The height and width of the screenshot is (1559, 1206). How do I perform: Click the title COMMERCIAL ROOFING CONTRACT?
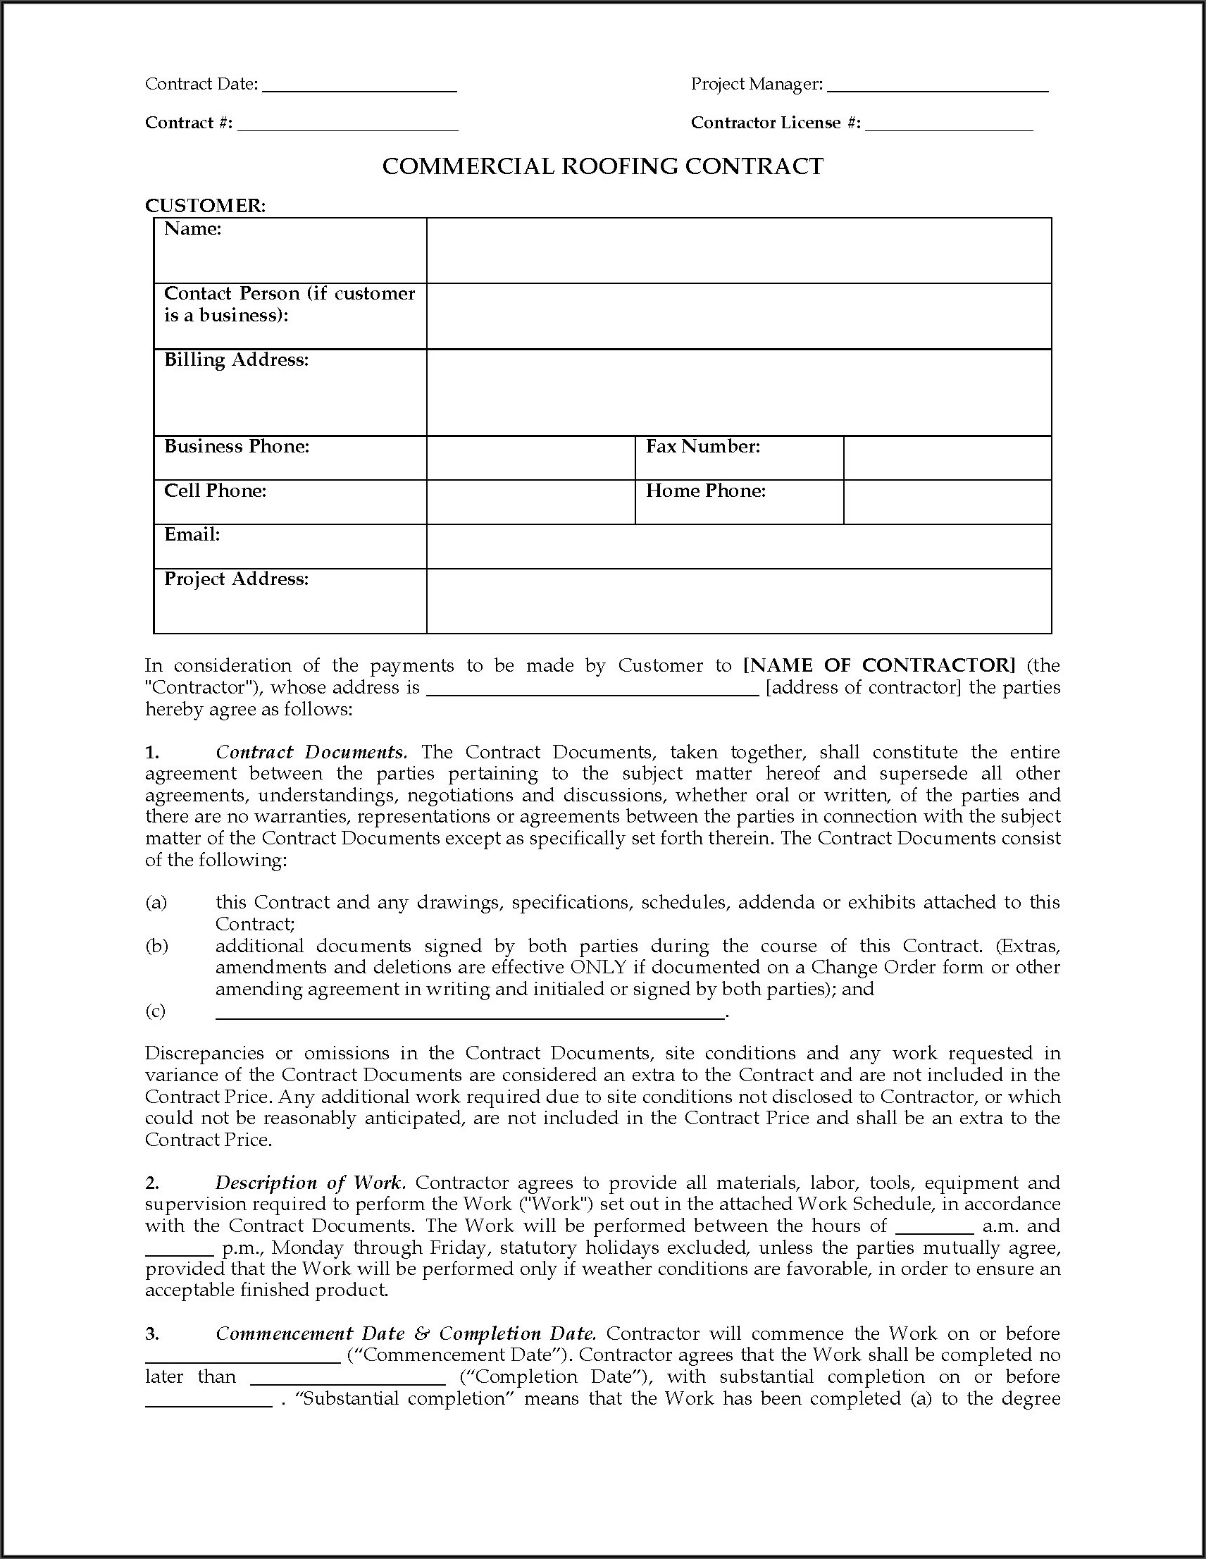coord(603,166)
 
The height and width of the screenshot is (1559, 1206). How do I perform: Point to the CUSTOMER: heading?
coord(206,206)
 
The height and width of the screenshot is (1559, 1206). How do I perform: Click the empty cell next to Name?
coord(738,251)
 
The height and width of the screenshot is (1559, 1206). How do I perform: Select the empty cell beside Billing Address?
coord(738,392)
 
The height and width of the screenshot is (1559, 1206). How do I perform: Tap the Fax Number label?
coord(703,447)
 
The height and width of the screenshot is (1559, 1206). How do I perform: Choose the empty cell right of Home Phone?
coord(947,502)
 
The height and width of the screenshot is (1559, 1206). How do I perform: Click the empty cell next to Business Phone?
coord(530,457)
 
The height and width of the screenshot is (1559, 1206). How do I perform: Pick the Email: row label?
coord(192,535)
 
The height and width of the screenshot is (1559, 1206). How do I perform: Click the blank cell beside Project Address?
coord(738,600)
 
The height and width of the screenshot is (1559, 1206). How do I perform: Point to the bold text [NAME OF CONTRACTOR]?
coord(879,665)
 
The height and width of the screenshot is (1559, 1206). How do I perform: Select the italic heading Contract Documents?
coord(311,753)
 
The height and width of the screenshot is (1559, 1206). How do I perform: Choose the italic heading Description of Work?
coord(311,1183)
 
